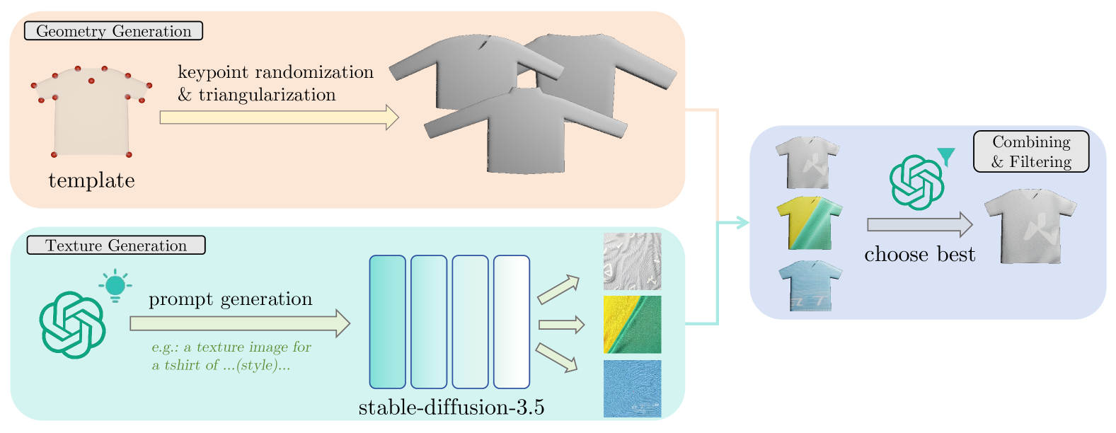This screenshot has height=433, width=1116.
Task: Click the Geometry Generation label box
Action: tap(113, 31)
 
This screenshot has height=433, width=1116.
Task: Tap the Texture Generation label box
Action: tap(116, 246)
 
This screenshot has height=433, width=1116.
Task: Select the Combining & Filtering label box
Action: tap(1031, 151)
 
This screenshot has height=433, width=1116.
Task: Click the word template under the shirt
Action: tap(91, 180)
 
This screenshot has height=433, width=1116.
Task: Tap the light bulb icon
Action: tap(115, 285)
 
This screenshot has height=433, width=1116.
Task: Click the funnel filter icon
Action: tap(945, 156)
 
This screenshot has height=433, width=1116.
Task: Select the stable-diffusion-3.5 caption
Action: tap(451, 408)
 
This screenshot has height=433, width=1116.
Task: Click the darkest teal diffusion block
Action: tap(387, 322)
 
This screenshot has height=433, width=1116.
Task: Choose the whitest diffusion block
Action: tap(511, 322)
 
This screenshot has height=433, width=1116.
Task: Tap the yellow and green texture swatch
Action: tap(632, 325)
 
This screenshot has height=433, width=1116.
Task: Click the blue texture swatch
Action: tap(632, 388)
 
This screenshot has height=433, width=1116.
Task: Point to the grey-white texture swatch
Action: tap(632, 261)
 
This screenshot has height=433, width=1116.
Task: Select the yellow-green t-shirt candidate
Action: tap(809, 223)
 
